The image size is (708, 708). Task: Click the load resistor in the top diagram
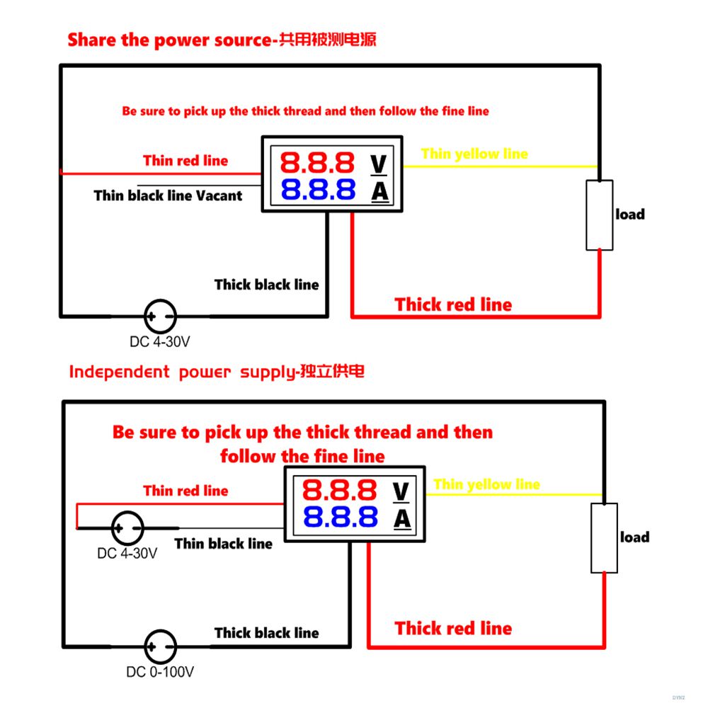(599, 215)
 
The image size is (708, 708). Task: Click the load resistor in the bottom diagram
(604, 538)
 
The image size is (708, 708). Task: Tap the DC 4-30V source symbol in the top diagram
(160, 315)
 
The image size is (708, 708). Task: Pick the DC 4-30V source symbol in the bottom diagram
(128, 527)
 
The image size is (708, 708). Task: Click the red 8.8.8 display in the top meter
(317, 163)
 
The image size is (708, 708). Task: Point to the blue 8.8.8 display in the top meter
(317, 190)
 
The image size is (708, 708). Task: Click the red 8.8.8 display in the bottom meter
(339, 490)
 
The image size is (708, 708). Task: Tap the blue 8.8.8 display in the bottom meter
(339, 518)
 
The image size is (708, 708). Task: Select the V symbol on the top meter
(379, 164)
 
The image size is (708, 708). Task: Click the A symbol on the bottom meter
(401, 519)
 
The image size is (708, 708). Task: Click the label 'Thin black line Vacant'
(168, 195)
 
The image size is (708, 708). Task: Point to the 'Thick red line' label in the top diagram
(453, 304)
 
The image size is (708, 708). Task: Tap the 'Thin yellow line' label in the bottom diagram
(486, 484)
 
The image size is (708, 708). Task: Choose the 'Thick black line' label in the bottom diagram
(267, 633)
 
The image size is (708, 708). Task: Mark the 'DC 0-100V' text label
(161, 672)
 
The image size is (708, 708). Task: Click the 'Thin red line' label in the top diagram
(185, 161)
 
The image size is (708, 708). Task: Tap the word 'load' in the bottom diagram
(634, 537)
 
